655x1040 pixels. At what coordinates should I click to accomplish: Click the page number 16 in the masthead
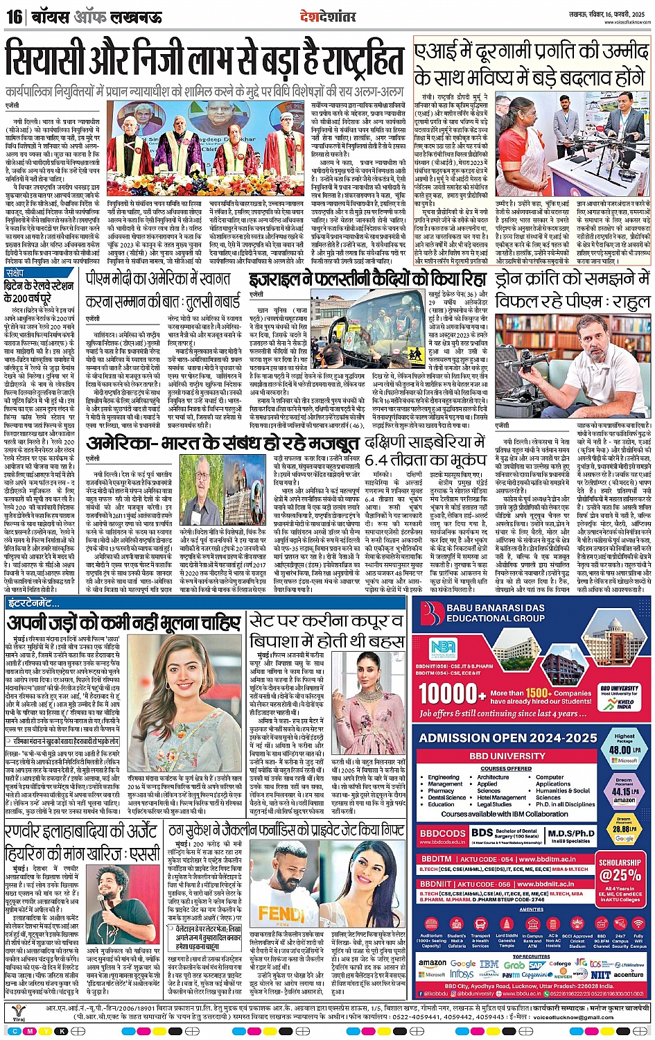[14, 16]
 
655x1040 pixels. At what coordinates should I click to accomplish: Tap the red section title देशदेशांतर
[327, 16]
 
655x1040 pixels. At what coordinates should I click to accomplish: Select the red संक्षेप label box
[15, 273]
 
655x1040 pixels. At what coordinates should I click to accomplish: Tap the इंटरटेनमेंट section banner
[34, 604]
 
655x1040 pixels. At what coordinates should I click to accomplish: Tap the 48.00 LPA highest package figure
[624, 749]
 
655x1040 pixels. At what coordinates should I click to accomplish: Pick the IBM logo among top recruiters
[489, 964]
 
